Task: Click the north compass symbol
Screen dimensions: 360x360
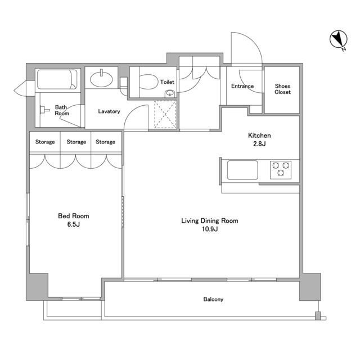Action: point(338,40)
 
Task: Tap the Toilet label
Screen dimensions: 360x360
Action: point(167,82)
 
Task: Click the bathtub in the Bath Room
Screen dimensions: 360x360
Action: point(57,79)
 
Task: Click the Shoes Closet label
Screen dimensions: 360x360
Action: point(282,89)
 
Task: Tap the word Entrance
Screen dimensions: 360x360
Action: point(242,86)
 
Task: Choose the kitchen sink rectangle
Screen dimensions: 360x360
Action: point(242,170)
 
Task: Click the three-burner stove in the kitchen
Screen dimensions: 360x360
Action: point(281,170)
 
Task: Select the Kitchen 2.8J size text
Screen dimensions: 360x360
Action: point(259,144)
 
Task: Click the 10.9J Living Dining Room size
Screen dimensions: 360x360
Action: point(210,229)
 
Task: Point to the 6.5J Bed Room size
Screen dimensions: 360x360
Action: point(74,224)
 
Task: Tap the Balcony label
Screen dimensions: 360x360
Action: point(213,299)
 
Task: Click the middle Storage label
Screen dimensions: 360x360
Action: point(76,142)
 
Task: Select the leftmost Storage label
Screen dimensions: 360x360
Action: point(45,142)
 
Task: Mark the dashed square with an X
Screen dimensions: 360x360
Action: point(165,114)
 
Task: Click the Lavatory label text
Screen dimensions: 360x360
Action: point(109,111)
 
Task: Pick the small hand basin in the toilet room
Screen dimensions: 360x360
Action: point(170,94)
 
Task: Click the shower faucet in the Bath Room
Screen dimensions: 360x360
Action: point(44,110)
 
